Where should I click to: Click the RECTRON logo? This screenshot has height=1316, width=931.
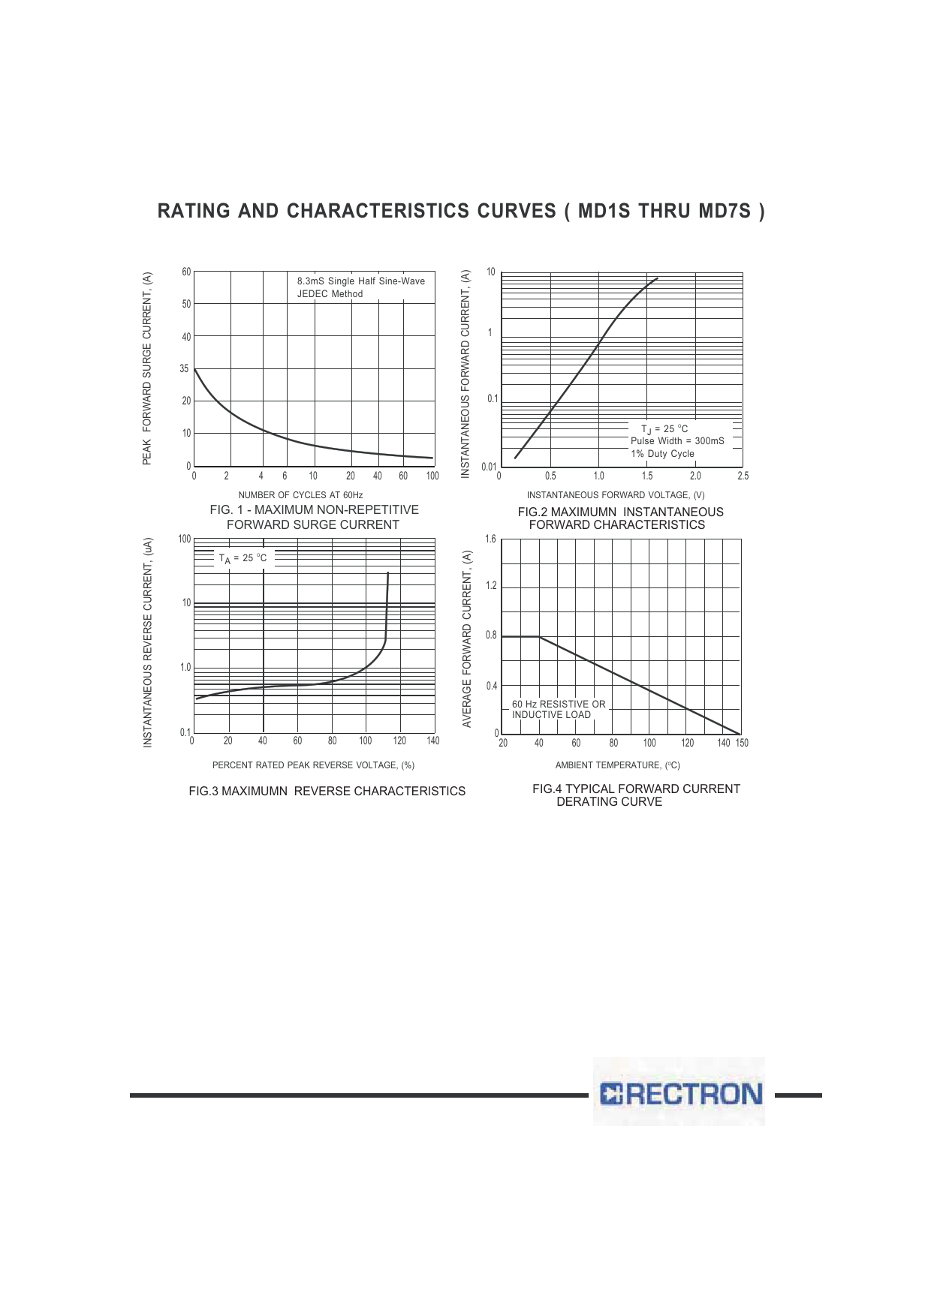point(680,1093)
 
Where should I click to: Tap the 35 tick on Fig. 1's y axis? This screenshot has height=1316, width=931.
point(185,369)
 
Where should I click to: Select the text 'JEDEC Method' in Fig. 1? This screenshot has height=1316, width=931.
point(330,294)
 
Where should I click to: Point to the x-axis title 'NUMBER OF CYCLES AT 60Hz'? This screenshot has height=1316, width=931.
point(300,495)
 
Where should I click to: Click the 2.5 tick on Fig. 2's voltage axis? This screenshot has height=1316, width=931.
point(743,476)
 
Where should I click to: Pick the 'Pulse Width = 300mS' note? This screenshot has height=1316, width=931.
point(677,441)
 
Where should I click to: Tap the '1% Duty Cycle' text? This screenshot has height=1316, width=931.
point(662,454)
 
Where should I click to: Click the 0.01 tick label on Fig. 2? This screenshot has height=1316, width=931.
point(489,467)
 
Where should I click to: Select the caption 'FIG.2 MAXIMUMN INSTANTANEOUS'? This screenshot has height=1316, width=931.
point(620,512)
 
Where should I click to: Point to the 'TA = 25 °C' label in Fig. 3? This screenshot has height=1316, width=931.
point(243,558)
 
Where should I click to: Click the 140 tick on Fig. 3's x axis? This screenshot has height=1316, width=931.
point(432,741)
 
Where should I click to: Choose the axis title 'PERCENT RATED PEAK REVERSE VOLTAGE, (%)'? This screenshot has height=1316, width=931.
point(313,765)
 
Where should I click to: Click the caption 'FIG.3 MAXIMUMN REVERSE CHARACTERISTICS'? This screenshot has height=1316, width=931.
point(327,792)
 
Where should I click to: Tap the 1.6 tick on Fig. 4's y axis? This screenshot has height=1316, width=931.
point(490,539)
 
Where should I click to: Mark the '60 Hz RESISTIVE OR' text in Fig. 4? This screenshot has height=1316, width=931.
point(559,705)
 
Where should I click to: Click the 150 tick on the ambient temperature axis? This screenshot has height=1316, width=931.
point(742,744)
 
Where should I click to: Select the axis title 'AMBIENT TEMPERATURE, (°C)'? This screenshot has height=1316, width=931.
point(617,765)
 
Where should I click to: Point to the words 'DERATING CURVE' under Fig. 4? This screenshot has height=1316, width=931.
point(609,802)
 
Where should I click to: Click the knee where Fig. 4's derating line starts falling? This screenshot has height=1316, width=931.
point(539,637)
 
